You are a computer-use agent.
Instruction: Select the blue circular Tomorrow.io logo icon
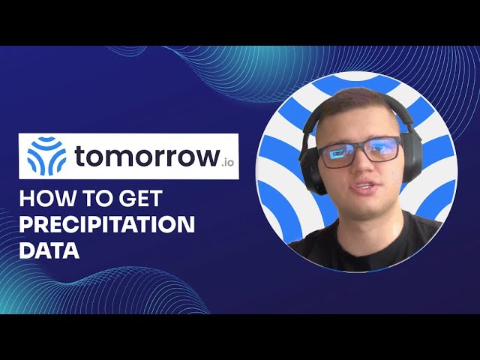(46, 156)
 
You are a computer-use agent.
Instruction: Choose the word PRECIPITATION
(107, 225)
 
